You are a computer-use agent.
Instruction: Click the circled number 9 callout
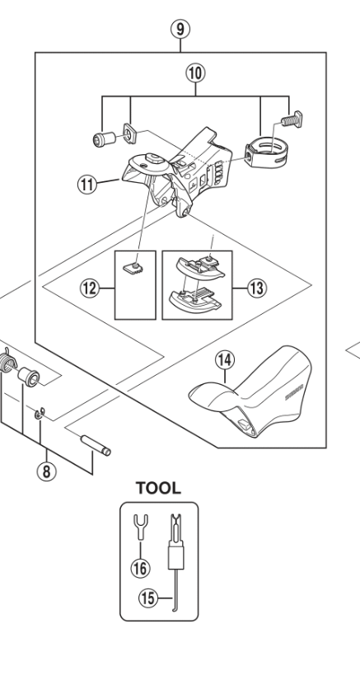tap(180, 29)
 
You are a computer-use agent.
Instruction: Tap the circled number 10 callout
tap(195, 73)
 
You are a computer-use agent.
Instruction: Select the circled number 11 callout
tap(87, 184)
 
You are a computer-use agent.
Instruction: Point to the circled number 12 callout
tap(89, 288)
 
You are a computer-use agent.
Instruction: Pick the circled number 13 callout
tap(256, 288)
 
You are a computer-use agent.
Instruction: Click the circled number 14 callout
tap(225, 360)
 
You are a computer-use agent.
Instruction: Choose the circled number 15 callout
tap(148, 598)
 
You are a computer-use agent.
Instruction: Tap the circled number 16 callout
tap(140, 568)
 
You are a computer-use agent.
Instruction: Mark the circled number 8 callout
tap(46, 471)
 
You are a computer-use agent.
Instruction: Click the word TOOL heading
tap(158, 488)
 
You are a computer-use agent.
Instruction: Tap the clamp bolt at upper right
tap(292, 119)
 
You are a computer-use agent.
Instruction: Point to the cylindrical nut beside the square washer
tap(105, 139)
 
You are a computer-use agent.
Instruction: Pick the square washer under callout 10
tap(129, 134)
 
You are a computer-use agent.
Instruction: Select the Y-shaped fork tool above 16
tap(141, 527)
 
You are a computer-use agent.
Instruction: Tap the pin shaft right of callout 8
tap(96, 445)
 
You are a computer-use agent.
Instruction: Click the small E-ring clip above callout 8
tap(40, 414)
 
